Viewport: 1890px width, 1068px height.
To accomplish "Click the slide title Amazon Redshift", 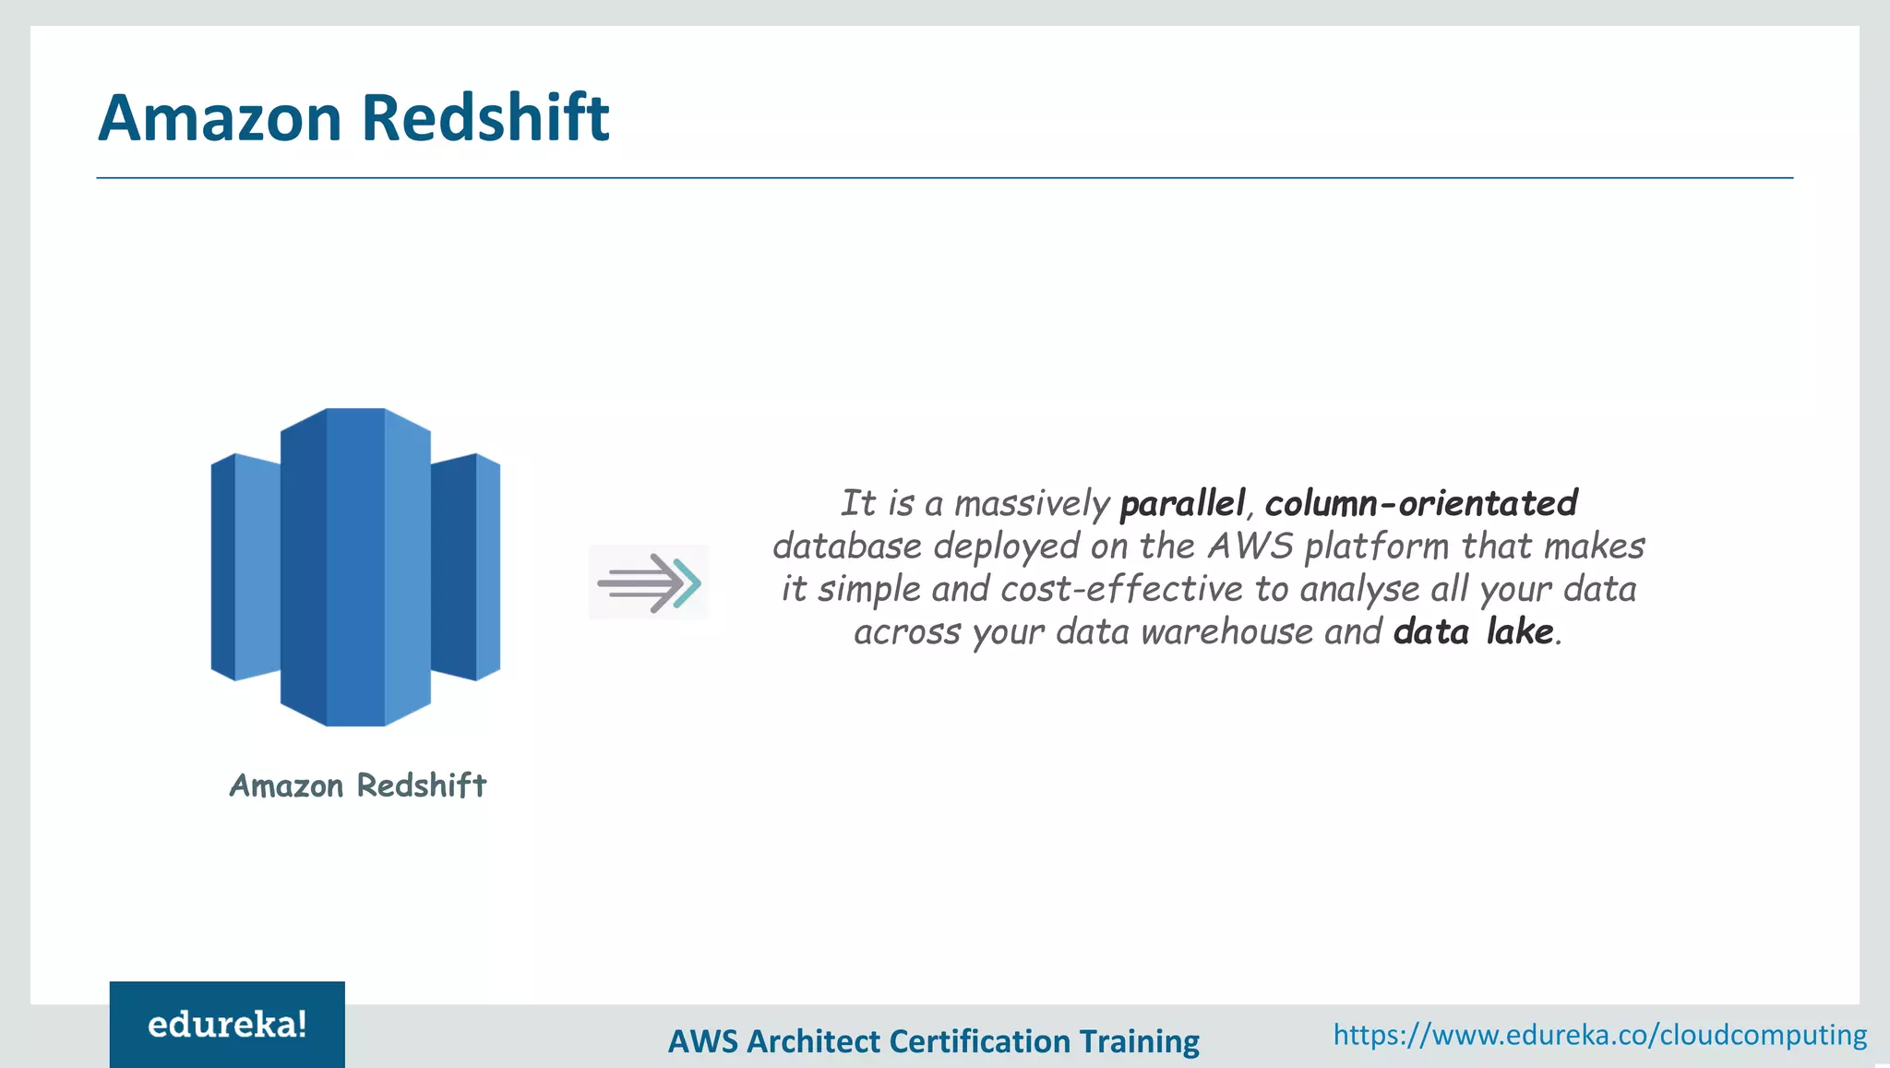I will [353, 118].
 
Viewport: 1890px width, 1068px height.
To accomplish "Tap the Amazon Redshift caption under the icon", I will [357, 786].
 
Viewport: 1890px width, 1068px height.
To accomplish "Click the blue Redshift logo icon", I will [355, 567].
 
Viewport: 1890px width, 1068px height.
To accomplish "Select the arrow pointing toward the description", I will [649, 582].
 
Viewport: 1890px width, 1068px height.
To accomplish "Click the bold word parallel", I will [1182, 504].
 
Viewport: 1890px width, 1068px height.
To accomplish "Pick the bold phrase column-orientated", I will [1421, 504].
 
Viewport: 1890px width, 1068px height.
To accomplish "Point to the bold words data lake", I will [1474, 632].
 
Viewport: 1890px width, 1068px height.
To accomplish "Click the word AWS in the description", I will [1250, 546].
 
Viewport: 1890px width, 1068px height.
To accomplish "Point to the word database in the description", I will [847, 546].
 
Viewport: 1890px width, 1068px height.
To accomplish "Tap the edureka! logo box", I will [227, 1025].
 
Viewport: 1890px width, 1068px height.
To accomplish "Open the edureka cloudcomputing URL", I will [1599, 1035].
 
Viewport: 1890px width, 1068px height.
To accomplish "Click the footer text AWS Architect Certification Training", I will [933, 1041].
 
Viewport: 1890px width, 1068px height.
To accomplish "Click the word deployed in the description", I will [1007, 546].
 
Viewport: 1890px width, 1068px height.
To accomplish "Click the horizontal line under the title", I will [944, 177].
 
